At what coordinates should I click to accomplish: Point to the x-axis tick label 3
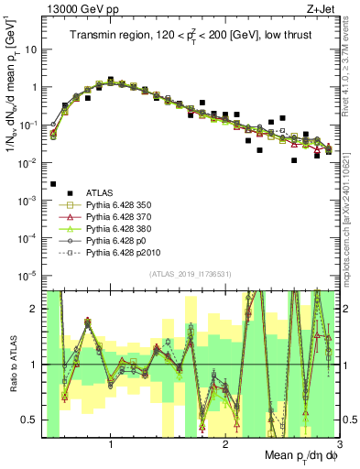(339, 444)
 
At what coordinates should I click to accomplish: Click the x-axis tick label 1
(111, 444)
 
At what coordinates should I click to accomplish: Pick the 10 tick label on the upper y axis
(30, 49)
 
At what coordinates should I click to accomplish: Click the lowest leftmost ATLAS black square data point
(53, 184)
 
